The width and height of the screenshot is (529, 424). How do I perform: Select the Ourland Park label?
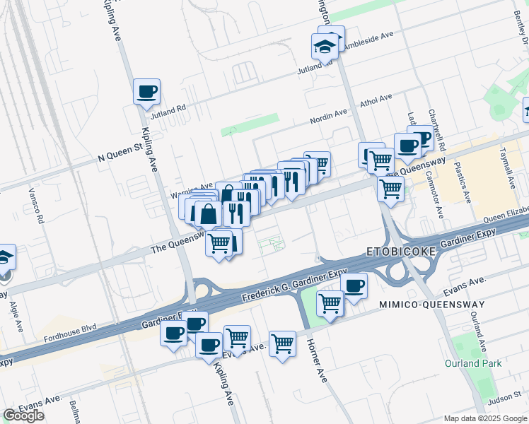473,363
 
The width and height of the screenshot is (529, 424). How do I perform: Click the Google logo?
23,416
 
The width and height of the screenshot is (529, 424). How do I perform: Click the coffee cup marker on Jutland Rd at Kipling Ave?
146,91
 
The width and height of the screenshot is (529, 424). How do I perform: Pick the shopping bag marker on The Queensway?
209,213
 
